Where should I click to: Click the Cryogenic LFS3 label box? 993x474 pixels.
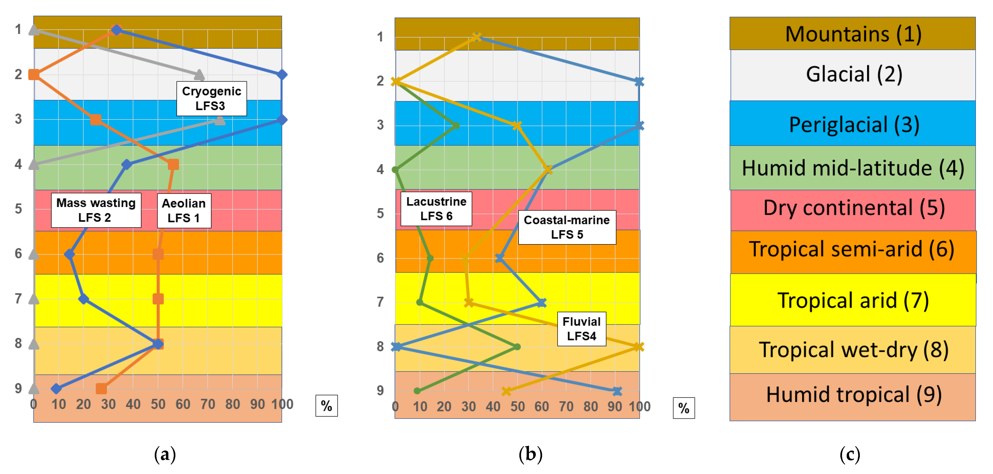pyautogui.click(x=211, y=99)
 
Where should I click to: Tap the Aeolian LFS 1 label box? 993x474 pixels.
pyautogui.click(x=184, y=211)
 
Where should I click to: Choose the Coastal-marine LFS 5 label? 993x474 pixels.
pyautogui.click(x=567, y=227)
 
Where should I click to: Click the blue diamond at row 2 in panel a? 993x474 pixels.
pyautogui.click(x=282, y=74)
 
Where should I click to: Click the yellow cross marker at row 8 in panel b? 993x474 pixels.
pyautogui.click(x=638, y=347)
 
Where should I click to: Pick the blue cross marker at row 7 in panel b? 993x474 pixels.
pyautogui.click(x=542, y=302)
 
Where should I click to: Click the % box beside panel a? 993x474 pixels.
pyautogui.click(x=326, y=406)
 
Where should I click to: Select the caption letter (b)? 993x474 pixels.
pyautogui.click(x=530, y=454)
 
